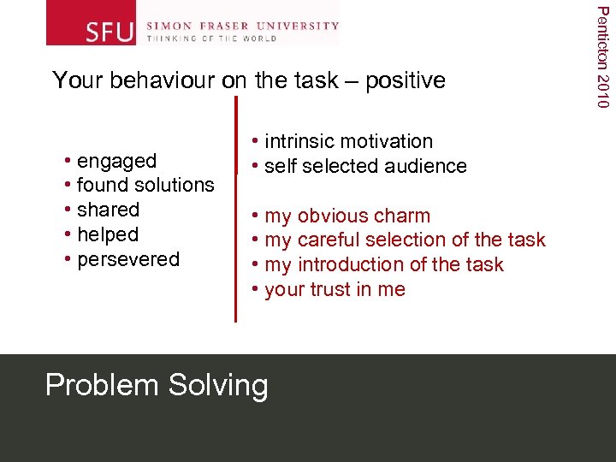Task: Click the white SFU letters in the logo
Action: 110,32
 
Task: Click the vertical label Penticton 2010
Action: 602,56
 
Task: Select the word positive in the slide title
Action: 406,80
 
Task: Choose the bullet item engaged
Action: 116,161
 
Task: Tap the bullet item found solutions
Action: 145,185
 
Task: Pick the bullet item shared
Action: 108,210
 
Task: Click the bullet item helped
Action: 108,234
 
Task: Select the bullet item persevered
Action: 128,259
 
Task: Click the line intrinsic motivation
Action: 348,141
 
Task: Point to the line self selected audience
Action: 365,166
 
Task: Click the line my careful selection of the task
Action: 405,240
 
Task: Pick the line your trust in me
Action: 335,290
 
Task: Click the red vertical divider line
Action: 235,210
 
